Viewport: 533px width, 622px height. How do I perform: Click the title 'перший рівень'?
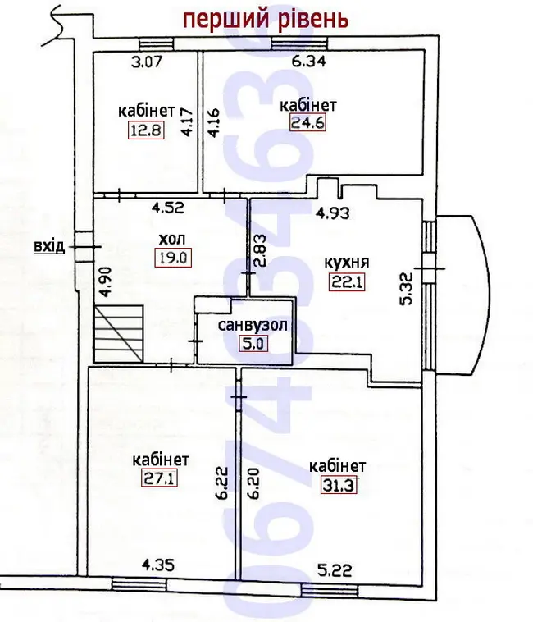(x=266, y=20)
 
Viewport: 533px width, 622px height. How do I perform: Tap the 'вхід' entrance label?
(x=49, y=246)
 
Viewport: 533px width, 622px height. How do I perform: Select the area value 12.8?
(x=146, y=130)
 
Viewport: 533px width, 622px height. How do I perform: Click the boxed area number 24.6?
(x=308, y=122)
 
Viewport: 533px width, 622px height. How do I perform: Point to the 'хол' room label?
(x=172, y=240)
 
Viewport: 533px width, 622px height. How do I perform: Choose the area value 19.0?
(x=173, y=258)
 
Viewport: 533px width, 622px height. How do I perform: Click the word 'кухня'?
(x=347, y=263)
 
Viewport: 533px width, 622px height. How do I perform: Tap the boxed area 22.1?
(x=347, y=282)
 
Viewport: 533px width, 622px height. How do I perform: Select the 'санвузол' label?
(x=253, y=325)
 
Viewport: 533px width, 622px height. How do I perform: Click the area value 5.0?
(x=253, y=343)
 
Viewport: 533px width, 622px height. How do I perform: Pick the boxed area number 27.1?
(x=159, y=478)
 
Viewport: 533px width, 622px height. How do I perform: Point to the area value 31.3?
(x=338, y=485)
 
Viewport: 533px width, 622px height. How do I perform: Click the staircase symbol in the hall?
(x=118, y=334)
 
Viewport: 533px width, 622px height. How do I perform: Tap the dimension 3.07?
(x=147, y=62)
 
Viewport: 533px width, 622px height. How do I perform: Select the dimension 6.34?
(x=308, y=61)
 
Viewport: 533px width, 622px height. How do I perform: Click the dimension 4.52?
(x=168, y=208)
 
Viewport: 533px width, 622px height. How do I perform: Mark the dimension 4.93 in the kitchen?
(x=332, y=213)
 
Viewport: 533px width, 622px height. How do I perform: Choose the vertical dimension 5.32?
(x=407, y=288)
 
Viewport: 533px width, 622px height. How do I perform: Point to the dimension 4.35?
(x=158, y=565)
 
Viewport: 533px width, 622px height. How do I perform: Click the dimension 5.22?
(x=335, y=570)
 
